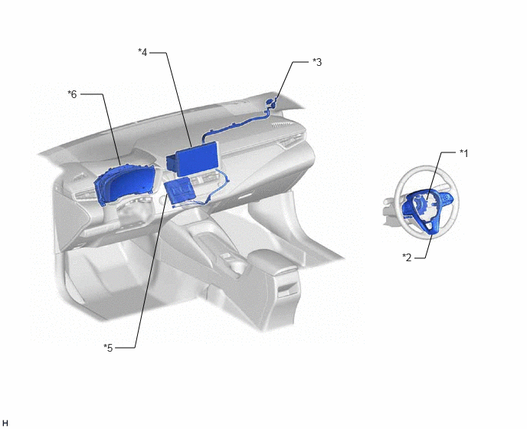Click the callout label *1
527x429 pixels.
pos(464,153)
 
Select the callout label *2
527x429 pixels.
pos(407,257)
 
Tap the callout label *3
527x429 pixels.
pos(317,62)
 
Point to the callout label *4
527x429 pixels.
pos(142,52)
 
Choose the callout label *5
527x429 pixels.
pos(108,348)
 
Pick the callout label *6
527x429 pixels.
pos(72,94)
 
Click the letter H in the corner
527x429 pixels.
pos(5,423)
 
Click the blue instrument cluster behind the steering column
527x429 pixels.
pos(125,183)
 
